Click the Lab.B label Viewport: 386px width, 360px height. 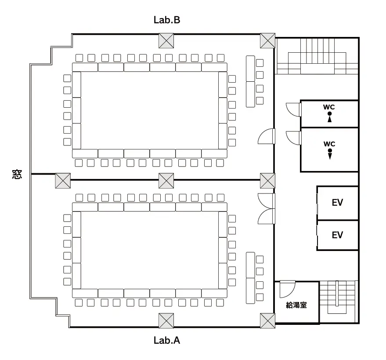[x=166, y=20]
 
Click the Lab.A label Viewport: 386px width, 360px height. [x=166, y=340]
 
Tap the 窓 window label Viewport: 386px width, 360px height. [x=17, y=175]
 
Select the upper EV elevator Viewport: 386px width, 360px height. [x=337, y=203]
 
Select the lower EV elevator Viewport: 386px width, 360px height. [x=337, y=235]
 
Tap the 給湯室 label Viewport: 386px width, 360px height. [x=296, y=305]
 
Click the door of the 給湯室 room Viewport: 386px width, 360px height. [x=288, y=287]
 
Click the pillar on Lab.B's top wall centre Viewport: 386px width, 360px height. [x=166, y=40]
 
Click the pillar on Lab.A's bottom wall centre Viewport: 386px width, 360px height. [x=166, y=320]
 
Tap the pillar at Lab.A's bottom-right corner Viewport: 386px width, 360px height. [x=267, y=320]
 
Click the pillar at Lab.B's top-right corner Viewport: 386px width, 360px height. [x=267, y=40]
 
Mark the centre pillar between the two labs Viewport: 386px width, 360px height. [x=166, y=180]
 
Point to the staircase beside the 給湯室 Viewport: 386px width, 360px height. [x=337, y=299]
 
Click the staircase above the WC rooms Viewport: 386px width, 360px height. [x=317, y=56]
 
